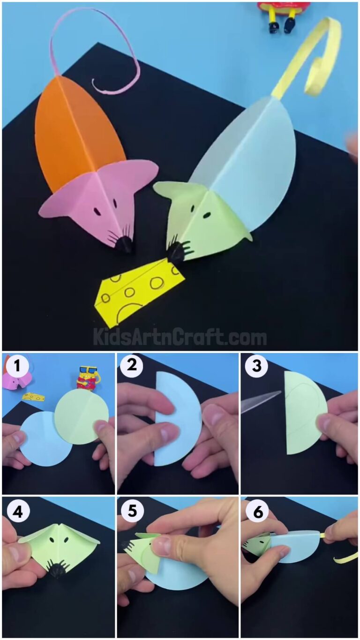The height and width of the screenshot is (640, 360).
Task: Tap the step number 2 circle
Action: [132, 365]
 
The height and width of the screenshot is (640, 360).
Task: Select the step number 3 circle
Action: [256, 365]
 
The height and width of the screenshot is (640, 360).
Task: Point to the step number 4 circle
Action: [17, 512]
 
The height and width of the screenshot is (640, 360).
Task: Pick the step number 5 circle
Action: [132, 512]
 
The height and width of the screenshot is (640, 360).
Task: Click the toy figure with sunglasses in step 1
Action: [86, 378]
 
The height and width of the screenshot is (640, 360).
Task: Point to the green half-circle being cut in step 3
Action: [302, 413]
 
